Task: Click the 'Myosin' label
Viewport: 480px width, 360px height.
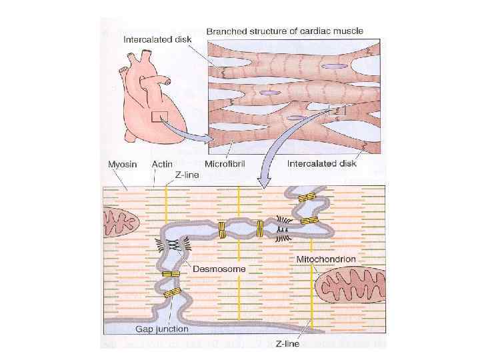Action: [123, 163]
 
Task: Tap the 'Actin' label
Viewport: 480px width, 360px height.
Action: [163, 163]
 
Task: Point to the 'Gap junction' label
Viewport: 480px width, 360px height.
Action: [162, 329]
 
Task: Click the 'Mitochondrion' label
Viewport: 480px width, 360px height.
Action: [327, 259]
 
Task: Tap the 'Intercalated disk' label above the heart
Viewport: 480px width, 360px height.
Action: [157, 39]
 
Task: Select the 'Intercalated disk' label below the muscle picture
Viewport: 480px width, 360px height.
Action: [322, 163]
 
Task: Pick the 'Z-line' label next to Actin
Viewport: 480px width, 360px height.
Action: [186, 175]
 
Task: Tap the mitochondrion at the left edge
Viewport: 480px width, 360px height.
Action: [119, 221]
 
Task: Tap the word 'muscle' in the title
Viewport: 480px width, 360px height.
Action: [349, 31]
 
